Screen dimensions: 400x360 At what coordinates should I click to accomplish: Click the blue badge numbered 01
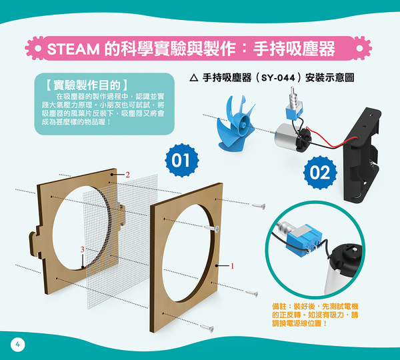(182, 160)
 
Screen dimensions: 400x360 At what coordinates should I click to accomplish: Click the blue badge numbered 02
(320, 173)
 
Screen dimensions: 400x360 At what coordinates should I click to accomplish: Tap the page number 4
(17, 345)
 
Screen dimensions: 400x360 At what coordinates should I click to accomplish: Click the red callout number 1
(232, 266)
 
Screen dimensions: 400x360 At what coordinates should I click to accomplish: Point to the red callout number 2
(127, 175)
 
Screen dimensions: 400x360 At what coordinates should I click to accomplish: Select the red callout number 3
(82, 249)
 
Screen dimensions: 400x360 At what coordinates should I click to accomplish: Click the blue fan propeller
(235, 124)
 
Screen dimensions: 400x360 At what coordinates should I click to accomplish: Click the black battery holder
(362, 155)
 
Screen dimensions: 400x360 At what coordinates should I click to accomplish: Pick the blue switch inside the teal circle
(303, 239)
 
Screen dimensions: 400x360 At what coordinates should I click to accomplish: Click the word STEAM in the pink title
(73, 49)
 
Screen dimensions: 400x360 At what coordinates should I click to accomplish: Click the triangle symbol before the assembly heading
(194, 77)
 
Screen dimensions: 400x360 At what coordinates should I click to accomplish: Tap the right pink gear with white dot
(360, 48)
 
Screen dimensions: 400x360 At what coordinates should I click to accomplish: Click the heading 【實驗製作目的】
(87, 85)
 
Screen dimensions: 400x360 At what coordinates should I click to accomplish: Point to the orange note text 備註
(279, 306)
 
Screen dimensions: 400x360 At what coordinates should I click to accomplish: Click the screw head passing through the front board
(217, 229)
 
